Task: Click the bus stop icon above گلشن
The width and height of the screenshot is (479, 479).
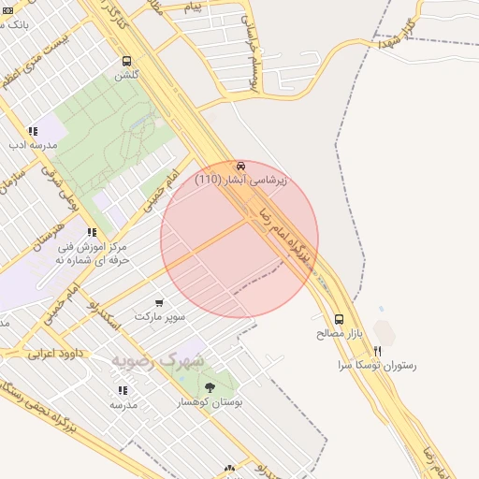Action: pos(126,61)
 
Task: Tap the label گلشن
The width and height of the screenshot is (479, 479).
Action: pos(126,75)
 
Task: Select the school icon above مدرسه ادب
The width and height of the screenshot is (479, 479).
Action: pos(33,132)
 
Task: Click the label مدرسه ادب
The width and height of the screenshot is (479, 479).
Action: pos(33,145)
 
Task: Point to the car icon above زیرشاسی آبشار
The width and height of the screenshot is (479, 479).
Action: pos(241,165)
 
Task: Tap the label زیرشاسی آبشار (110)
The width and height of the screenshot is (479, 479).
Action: pos(241,179)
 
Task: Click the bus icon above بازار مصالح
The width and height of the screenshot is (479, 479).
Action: pos(339,319)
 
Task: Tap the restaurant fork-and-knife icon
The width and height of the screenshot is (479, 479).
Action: pos(377,351)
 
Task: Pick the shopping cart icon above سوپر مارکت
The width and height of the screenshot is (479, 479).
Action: pos(160,303)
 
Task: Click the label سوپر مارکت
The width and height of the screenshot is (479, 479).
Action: pos(160,317)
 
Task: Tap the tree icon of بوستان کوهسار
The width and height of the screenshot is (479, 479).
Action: pos(208,386)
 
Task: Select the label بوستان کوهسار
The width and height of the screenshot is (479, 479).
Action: pos(210,401)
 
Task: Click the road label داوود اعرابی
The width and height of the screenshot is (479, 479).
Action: pos(55,355)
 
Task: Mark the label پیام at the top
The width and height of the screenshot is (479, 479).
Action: pos(193,7)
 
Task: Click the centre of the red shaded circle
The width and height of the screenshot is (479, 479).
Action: pos(239,239)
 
